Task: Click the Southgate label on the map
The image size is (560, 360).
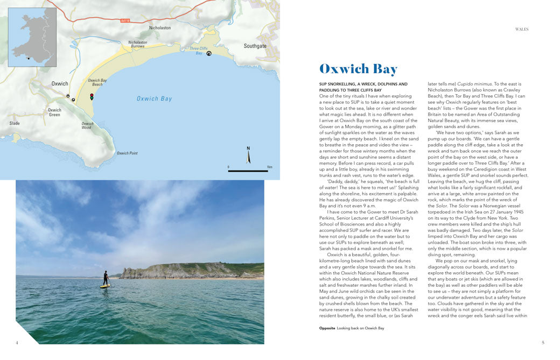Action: (255, 46)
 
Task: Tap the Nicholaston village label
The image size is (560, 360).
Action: (159, 28)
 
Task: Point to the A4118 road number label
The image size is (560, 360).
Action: (125, 21)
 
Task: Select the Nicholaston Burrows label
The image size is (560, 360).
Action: (137, 44)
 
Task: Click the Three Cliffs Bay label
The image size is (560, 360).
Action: (198, 51)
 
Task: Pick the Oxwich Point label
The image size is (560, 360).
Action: (127, 153)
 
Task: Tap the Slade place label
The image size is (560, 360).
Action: (15, 123)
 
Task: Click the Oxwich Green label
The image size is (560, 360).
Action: (54, 112)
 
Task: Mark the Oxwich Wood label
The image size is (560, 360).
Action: (87, 125)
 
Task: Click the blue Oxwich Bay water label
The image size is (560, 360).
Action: (154, 98)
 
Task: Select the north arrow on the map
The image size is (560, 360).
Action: (248, 154)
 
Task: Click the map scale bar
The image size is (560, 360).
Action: (248, 171)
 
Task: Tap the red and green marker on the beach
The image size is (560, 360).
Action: (92, 97)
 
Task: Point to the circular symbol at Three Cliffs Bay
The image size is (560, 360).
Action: (209, 53)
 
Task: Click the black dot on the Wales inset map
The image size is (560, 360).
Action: (29, 58)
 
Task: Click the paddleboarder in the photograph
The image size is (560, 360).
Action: (105, 278)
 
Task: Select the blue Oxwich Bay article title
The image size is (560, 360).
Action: (358, 69)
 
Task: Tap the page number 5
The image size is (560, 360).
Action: (543, 342)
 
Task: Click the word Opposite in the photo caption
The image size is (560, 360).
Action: (327, 328)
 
